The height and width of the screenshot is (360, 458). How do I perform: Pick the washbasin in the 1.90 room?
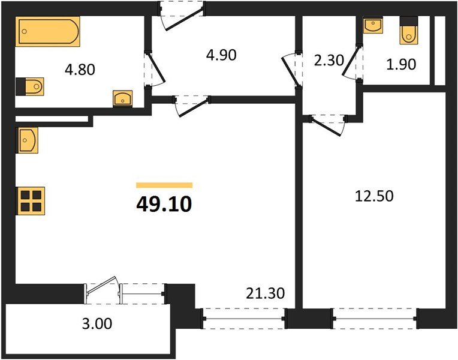(x=373, y=27)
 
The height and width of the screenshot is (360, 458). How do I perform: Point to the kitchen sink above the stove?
(x=28, y=140)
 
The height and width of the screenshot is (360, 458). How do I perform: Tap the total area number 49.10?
(x=164, y=205)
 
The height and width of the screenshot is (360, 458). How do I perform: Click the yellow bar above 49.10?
(x=164, y=185)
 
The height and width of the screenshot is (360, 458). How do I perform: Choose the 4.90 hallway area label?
(x=221, y=55)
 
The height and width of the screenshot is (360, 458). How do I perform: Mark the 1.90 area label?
(x=400, y=64)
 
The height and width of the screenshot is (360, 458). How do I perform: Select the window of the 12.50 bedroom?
(x=375, y=318)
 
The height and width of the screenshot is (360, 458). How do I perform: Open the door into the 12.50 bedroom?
(x=327, y=123)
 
